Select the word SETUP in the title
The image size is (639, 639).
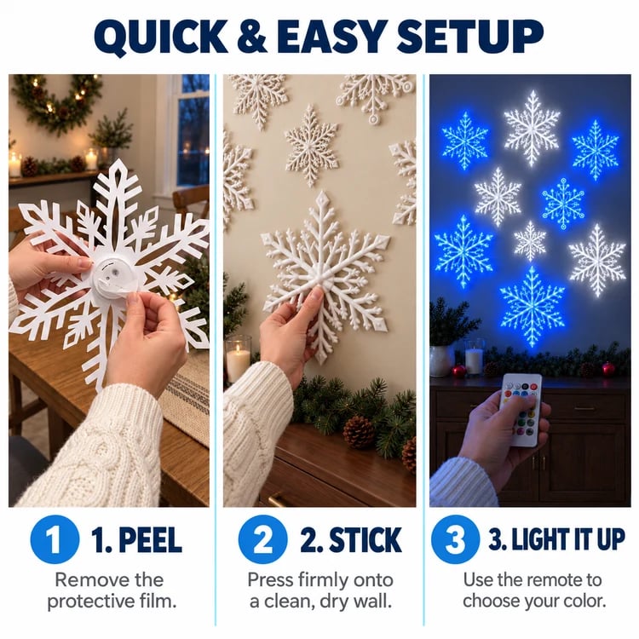469,36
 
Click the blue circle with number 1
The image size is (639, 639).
55,539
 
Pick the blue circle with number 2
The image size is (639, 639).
263,539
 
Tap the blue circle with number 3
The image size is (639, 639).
455,539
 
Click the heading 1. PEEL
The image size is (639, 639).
136,539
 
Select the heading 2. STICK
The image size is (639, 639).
351,539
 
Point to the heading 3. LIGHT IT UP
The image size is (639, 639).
556,539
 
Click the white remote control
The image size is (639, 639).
521,410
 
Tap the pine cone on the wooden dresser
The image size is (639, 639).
359,433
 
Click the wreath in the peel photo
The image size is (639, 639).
57,104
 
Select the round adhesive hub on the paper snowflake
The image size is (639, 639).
112,274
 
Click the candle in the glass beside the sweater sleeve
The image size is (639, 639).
238,359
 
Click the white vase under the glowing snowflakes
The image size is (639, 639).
441,360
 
